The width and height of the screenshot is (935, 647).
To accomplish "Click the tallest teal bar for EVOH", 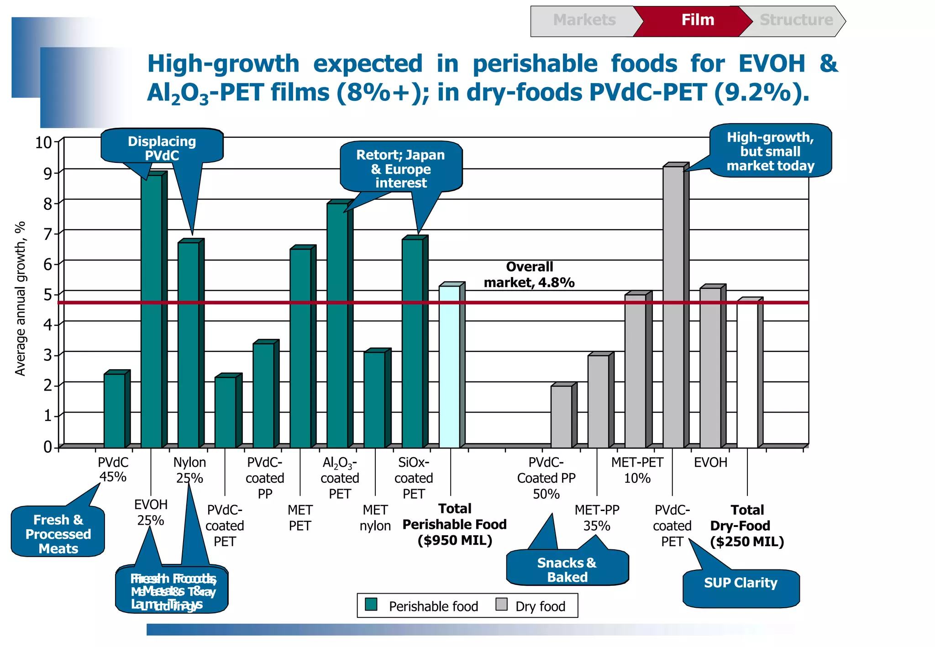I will (151, 310).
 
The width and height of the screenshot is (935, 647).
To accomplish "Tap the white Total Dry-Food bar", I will (747, 374).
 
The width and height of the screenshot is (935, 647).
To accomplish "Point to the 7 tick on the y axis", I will (48, 234).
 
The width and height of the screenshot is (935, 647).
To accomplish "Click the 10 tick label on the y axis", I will (44, 142).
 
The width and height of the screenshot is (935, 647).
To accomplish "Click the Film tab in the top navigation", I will (697, 20).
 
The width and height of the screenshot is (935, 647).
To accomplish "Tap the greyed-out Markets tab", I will (584, 20).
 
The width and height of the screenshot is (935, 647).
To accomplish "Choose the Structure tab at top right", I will (796, 20).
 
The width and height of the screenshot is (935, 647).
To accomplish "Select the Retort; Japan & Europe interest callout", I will (400, 168).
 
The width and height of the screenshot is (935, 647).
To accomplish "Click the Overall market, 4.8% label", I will (529, 275).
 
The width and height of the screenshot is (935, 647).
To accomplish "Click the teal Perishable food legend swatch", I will (371, 604).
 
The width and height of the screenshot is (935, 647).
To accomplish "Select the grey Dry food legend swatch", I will (501, 604).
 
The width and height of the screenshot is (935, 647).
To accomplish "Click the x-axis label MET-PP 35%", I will (596, 518).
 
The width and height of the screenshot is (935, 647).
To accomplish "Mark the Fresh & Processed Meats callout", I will (58, 533).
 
